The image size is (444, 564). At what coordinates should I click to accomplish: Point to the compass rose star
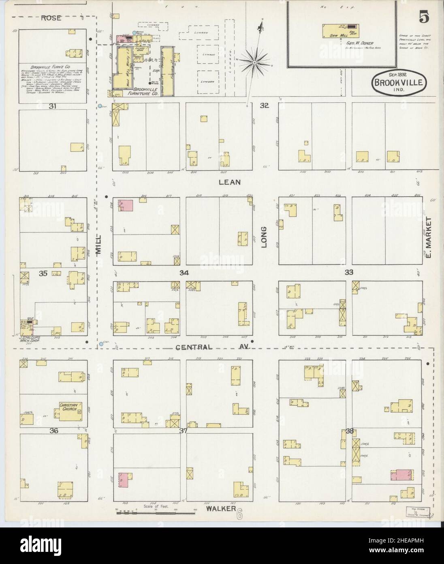point(254,62)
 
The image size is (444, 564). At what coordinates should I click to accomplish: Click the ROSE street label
point(51,18)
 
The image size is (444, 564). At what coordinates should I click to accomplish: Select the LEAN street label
point(230,182)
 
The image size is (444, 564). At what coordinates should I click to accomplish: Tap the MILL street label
point(99,246)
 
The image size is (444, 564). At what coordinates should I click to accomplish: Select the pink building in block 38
point(401,475)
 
